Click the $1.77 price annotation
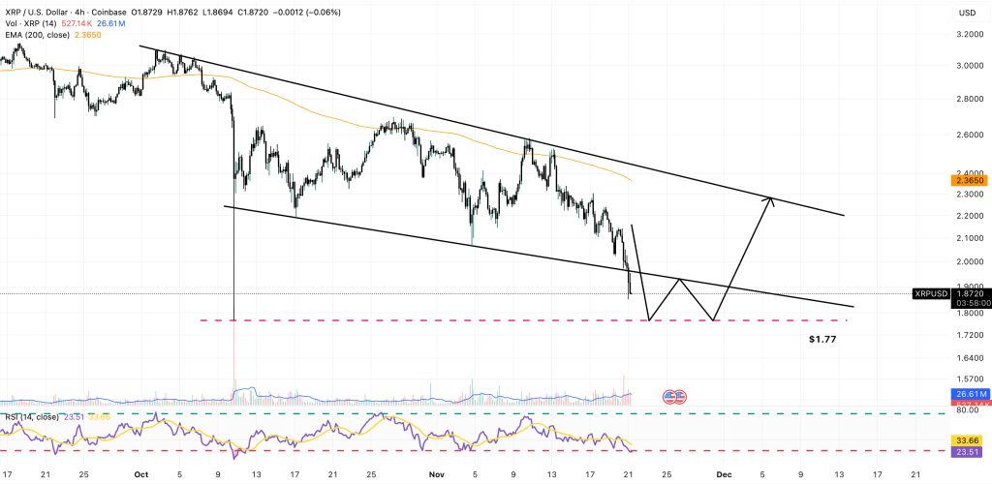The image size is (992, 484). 822,340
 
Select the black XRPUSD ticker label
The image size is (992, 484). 932,292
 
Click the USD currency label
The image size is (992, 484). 966,14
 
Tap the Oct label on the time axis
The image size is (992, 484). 140,474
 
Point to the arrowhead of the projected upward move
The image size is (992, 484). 769,200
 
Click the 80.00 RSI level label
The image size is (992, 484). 966,411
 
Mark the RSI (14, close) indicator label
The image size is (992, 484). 29,417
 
